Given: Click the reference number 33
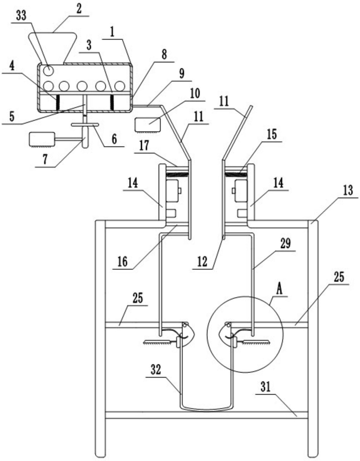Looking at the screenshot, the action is point(21,16).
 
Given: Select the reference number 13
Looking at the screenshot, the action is point(348,191).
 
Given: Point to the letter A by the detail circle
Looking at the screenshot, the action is point(279,289).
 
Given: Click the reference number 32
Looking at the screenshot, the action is point(156,370).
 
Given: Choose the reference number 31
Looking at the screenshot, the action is point(265,387).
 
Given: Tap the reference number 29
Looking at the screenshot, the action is point(285,244).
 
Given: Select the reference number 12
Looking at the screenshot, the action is point(202,261).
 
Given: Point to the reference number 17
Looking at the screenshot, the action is point(144,146).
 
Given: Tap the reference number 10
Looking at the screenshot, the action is point(195,94).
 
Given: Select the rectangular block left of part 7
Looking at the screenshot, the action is point(41,139).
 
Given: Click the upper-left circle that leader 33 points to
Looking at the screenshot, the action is point(48,71).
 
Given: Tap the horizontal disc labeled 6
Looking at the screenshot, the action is point(85,125).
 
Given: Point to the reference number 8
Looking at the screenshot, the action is point(164,55).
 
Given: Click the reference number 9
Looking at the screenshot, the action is point(182,73).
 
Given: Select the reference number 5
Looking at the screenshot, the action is point(11,116).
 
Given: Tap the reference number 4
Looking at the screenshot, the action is point(11,66).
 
